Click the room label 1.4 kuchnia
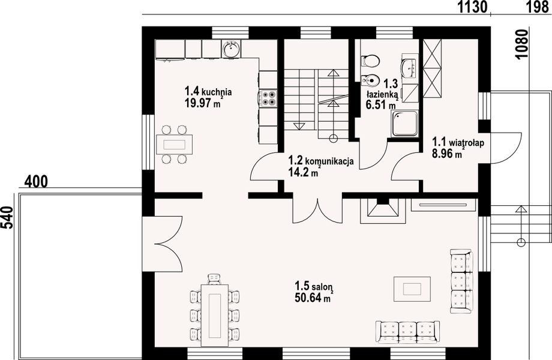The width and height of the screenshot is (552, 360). click(x=208, y=92)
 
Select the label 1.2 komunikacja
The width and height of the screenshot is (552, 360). click(x=321, y=161)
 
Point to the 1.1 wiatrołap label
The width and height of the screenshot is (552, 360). click(x=458, y=142)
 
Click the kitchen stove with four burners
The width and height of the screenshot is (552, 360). click(x=268, y=98)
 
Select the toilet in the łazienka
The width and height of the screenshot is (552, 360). click(x=370, y=61)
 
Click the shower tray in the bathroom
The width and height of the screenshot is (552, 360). click(x=405, y=123)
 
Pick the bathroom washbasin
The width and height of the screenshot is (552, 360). click(x=409, y=68)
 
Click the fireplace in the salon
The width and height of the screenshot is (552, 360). click(x=382, y=211)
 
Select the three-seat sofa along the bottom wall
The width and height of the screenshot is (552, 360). click(x=407, y=331)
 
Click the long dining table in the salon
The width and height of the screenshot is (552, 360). click(x=214, y=315)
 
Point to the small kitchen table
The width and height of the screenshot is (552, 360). click(x=175, y=144)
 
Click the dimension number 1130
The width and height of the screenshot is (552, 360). click(x=472, y=7)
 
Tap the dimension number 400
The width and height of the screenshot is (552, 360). click(x=36, y=182)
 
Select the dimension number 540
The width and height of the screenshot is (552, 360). click(x=7, y=218)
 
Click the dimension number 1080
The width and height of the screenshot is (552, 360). click(x=521, y=44)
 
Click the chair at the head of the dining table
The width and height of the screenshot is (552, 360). click(x=214, y=279)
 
